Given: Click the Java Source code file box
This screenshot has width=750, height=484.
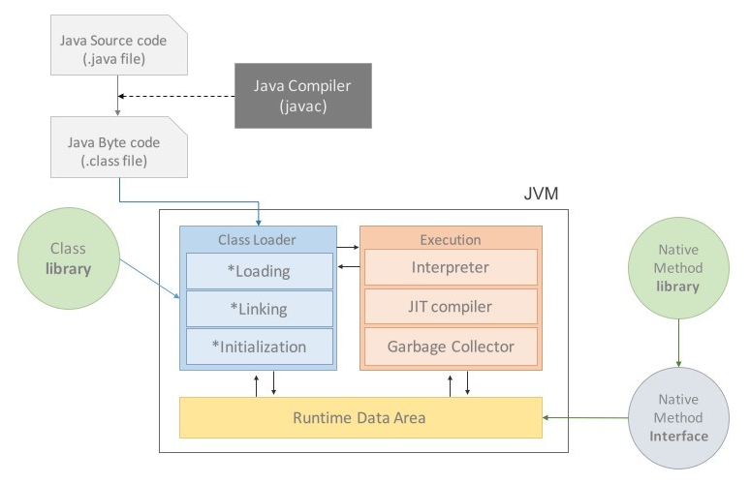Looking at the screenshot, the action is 119,45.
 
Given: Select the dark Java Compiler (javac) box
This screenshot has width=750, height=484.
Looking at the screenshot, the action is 302,96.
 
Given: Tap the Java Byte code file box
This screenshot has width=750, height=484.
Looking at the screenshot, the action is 119,147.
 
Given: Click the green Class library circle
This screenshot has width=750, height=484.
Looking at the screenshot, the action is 69,258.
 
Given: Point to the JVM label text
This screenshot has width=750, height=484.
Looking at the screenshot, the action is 541,194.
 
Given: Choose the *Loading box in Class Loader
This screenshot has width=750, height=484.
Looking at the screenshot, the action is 260,271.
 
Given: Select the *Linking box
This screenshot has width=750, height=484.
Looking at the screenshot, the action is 260,309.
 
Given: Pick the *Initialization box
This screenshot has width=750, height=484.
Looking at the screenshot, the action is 260,347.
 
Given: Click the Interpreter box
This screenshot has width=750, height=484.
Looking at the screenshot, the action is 451,267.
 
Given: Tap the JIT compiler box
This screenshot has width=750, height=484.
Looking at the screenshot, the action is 451,306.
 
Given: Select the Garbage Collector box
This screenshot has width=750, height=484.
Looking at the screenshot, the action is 451,347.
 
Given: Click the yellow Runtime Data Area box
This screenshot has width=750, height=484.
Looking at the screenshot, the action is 360,417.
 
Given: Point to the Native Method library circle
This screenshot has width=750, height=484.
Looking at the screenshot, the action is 678,268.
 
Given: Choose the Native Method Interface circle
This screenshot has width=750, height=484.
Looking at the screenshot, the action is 678,418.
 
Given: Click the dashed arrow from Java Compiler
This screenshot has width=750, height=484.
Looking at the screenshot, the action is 176,96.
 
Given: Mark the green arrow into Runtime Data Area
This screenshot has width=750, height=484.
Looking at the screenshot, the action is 585,417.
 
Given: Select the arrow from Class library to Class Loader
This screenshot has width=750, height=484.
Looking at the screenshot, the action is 150,279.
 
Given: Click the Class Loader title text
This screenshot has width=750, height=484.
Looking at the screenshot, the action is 257,240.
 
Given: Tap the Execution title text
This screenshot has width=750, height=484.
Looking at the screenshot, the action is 451,240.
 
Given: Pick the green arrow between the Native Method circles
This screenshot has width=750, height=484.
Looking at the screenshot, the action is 678,343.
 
